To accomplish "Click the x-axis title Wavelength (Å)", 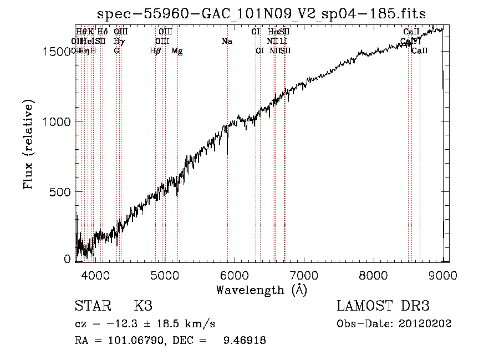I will [x=261, y=290].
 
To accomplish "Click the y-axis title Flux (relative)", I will [x=28, y=144].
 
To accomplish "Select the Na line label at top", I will [x=227, y=42].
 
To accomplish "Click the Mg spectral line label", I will [x=177, y=51].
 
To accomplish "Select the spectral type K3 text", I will [x=143, y=306].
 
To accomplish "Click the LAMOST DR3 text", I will [x=383, y=306].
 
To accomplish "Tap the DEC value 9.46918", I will [x=244, y=341].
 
